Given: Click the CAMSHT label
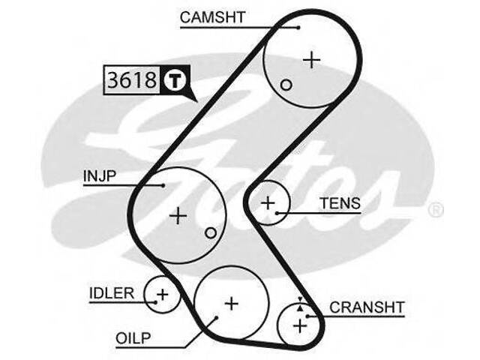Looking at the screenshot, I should coord(213,17).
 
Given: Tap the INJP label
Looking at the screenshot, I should coord(98,177).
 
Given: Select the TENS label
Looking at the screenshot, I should coord(340,203).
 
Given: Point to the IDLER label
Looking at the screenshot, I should coord(111,292).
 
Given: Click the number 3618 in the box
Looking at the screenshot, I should coord(131,80).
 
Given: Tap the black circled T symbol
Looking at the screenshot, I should coord(173,80).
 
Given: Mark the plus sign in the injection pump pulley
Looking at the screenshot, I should coord(178,216).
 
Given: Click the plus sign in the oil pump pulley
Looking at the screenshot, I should coord(232,303).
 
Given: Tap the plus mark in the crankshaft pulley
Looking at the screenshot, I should coord(301,325).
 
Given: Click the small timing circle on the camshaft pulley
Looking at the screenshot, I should coord(286,85).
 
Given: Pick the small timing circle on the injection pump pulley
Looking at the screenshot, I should coord(211,232).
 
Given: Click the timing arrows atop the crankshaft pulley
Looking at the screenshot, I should coord(300,302).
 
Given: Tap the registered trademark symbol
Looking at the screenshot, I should coord(435,210).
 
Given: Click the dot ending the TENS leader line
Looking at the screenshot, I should coord(277,212).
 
